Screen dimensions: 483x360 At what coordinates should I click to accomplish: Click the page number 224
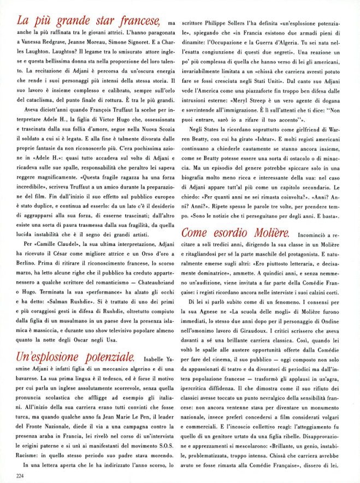click(x=22, y=476)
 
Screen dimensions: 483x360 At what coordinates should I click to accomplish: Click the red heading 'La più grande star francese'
click(x=88, y=21)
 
